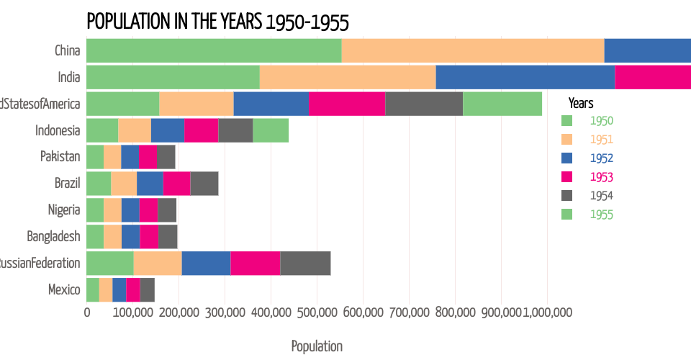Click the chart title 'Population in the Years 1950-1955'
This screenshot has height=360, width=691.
pos(217,22)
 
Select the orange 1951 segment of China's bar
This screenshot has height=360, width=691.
pos(473,50)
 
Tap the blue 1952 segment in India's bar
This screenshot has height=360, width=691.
pos(525,77)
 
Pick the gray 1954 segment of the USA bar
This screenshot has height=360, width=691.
pos(424,104)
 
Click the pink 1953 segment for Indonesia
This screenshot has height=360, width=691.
pos(202,130)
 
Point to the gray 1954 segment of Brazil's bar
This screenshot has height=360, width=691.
pos(204,184)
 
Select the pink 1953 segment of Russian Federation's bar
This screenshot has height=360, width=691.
pos(256,264)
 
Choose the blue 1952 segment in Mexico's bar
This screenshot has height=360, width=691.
pos(119,290)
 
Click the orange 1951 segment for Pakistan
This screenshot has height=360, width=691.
pos(112,157)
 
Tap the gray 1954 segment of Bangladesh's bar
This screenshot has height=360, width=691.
pos(168,237)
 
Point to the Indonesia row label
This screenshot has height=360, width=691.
pos(58,130)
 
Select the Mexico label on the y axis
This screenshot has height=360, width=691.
pos(64,290)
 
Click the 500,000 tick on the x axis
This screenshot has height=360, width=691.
pos(363,313)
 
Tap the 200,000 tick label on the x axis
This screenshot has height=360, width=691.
pos(179,313)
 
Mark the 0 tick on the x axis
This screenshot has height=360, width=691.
pos(87,313)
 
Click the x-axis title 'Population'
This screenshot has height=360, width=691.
pos(317,346)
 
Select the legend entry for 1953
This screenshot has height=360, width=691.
pos(602,177)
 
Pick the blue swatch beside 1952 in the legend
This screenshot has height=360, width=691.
pos(566,158)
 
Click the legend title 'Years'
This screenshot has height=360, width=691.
pos(580,103)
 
